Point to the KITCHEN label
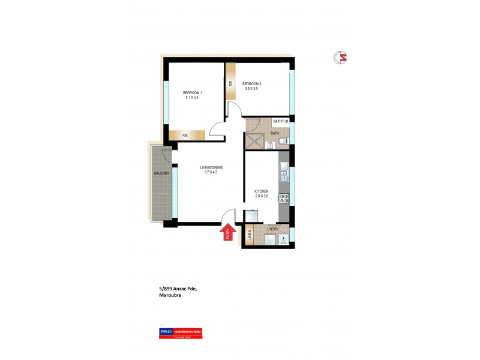pyautogui.click(x=261, y=191)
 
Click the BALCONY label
pyautogui.click(x=161, y=173)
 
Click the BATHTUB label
pyautogui.click(x=281, y=122)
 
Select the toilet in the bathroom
pyautogui.click(x=284, y=141)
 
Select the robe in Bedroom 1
pyautogui.click(x=185, y=135)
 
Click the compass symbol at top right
pyautogui.click(x=341, y=58)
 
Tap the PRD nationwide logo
pyautogui.click(x=180, y=333)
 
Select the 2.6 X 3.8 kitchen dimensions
pyautogui.click(x=261, y=197)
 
